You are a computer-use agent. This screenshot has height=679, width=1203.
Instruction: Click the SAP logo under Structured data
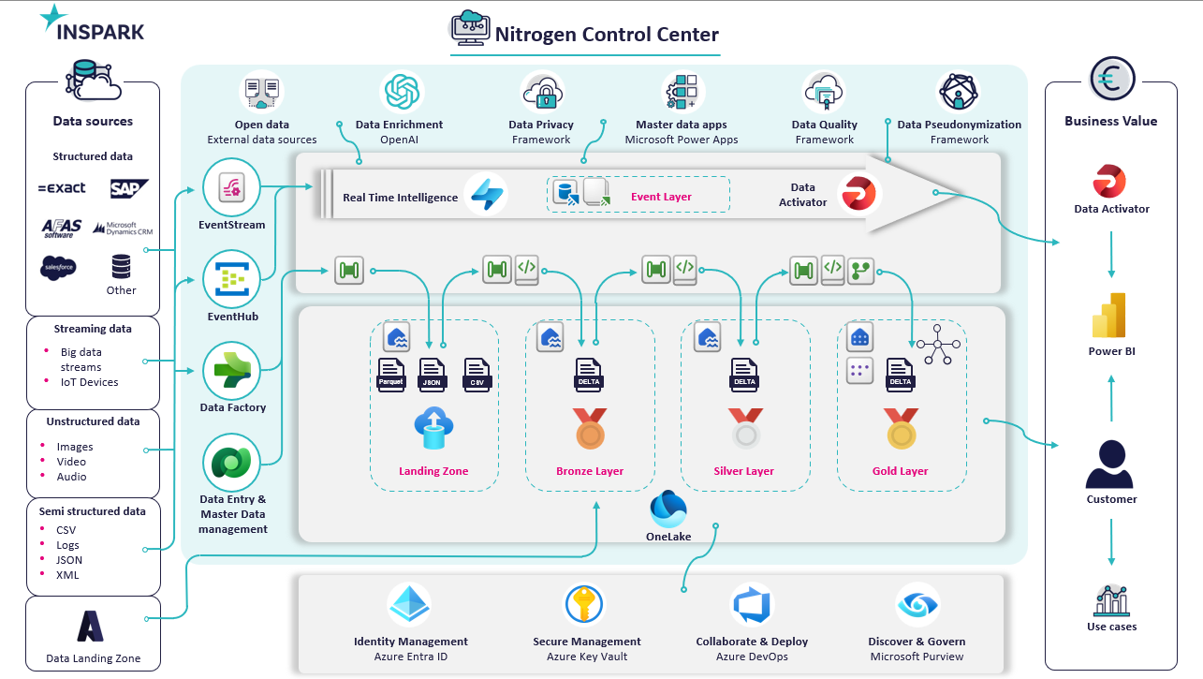(129, 188)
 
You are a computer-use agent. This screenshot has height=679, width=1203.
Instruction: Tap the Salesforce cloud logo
(59, 268)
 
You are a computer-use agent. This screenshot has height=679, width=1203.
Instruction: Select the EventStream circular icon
(231, 187)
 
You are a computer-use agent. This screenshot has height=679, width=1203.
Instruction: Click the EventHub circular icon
(231, 279)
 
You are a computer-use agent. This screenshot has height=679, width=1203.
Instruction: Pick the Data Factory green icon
(231, 371)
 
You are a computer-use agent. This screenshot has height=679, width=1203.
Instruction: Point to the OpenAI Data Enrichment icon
(402, 92)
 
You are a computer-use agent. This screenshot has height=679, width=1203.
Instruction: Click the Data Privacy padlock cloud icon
(542, 93)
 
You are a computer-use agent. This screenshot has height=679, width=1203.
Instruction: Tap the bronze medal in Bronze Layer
(590, 428)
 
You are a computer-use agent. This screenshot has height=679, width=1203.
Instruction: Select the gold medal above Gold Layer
(902, 428)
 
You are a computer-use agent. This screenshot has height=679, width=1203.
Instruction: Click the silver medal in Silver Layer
(745, 428)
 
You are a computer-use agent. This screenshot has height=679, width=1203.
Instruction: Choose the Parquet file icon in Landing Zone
(391, 375)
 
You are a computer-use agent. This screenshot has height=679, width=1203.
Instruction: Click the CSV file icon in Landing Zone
(477, 375)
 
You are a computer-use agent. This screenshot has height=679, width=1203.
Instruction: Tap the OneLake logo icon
(668, 509)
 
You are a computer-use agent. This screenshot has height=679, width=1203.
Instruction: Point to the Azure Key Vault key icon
(584, 604)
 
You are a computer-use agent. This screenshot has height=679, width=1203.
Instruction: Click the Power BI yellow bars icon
(1108, 316)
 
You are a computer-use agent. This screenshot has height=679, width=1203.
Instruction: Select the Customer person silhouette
(1109, 464)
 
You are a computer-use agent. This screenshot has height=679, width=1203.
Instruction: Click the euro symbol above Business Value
(1111, 80)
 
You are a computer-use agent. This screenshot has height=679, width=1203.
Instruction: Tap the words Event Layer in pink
(661, 197)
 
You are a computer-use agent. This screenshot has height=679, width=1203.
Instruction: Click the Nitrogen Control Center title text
(607, 35)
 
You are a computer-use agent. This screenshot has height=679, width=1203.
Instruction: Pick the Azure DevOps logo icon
(752, 605)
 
